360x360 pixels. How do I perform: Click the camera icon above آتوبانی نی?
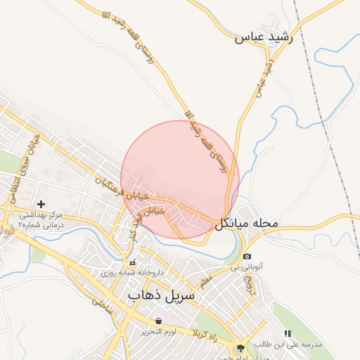[x=247, y=257]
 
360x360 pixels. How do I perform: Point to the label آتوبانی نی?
[x=246, y=268]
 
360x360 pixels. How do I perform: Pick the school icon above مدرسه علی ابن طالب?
[x=287, y=333]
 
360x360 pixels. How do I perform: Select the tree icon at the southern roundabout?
[x=241, y=348]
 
